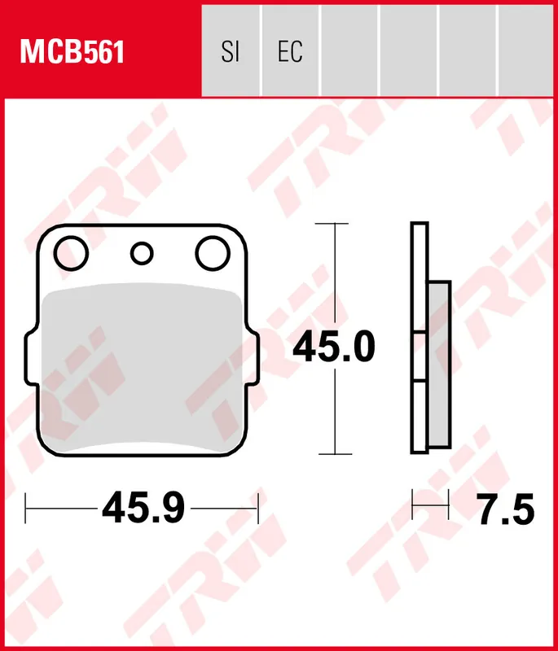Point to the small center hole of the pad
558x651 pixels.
click(142, 253)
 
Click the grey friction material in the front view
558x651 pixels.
click(142, 366)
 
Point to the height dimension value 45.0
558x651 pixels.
click(334, 348)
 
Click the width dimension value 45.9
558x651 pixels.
click(143, 510)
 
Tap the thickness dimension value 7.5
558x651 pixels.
click(505, 511)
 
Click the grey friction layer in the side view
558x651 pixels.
click(438, 366)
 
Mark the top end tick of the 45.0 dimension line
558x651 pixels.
click(332, 223)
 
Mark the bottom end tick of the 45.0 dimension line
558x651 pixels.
click(332, 453)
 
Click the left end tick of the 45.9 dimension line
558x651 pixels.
click(27, 509)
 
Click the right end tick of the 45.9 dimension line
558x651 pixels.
click(257, 509)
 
